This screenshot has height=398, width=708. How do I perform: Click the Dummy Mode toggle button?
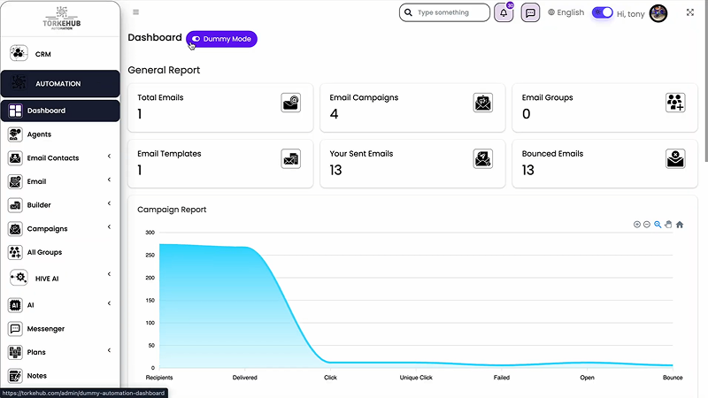pos(221,39)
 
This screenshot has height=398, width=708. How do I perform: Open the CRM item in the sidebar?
pos(43,54)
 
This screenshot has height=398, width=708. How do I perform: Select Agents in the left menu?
pos(39,134)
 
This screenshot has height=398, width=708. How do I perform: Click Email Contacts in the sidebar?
pos(52,158)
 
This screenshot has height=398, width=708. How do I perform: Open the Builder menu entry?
pos(39,205)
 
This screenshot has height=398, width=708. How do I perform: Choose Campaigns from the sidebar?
pos(47,229)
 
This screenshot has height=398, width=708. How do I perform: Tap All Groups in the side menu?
pos(44,252)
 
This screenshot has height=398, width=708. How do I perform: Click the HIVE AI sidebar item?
pos(47,278)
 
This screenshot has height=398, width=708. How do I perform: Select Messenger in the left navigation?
pos(45,329)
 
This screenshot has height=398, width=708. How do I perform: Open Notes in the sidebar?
pos(36,376)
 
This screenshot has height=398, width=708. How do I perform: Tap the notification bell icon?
pos(504,13)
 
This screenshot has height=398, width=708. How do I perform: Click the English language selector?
pos(566,12)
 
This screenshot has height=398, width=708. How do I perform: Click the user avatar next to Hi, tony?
pos(658,13)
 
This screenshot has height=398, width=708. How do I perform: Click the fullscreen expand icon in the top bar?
pos(690,12)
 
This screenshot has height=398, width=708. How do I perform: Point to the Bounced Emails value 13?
pos(528,171)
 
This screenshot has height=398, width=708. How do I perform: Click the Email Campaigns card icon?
pos(482,103)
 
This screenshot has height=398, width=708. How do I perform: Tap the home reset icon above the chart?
pos(680,225)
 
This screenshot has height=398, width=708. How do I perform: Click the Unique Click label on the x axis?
pos(415,378)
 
